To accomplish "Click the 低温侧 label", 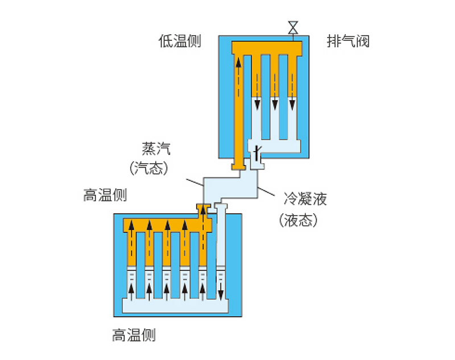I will coord(180,42).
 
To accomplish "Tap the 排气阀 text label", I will coord(349,42).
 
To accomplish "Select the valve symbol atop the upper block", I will coord(293,27).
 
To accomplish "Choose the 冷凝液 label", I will coord(305,199).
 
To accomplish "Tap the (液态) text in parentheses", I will coord(297,221).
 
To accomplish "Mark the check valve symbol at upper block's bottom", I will coord(257,152).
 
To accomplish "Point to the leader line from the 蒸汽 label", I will coord(195,183).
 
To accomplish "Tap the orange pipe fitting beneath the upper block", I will coord(238,166).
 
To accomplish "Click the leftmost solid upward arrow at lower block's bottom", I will coord(132,292).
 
